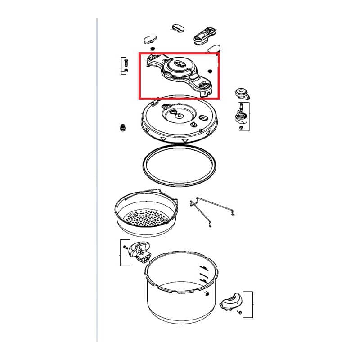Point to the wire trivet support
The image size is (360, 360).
(211, 211)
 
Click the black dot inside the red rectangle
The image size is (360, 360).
(210, 71)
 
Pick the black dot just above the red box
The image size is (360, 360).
(153, 48)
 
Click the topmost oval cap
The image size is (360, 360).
(179, 27)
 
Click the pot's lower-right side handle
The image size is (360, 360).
(232, 301)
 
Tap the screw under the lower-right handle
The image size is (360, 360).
(239, 312)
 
